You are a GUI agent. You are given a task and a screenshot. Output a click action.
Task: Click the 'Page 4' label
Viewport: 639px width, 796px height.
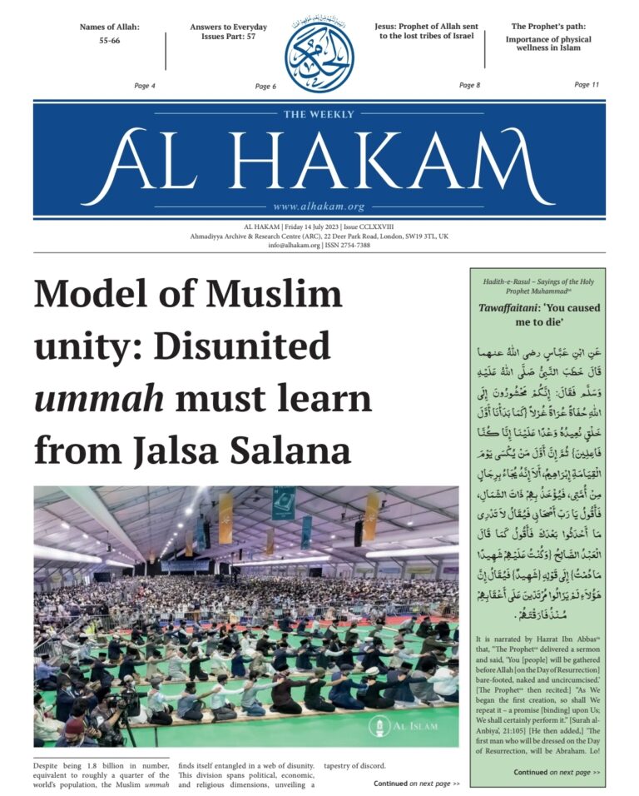point(145,86)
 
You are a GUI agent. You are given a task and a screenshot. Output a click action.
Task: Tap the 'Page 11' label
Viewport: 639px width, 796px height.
point(587,85)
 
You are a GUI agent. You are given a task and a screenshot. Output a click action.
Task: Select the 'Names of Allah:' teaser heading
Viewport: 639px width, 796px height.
point(109,27)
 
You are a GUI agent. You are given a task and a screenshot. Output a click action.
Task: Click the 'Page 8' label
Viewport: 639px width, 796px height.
point(469,86)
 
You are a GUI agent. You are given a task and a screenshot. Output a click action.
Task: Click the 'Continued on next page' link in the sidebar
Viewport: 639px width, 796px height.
point(557,772)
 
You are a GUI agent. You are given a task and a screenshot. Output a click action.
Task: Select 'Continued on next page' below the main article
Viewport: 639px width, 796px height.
point(416,784)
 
